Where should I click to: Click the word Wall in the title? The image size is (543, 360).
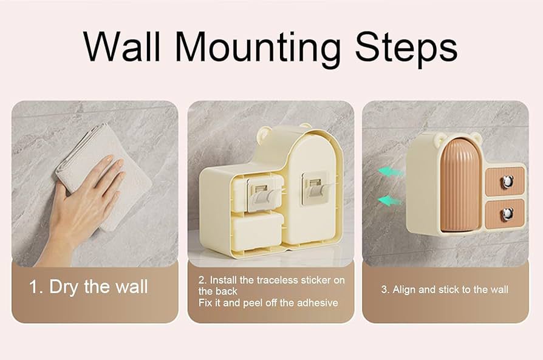pyautogui.click(x=121, y=46)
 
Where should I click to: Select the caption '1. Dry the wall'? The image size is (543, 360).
pyautogui.click(x=89, y=287)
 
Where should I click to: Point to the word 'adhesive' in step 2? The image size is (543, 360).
pyautogui.click(x=318, y=303)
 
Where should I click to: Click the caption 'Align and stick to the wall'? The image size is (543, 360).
pyautogui.click(x=450, y=290)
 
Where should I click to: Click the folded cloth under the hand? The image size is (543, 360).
pyautogui.click(x=104, y=173)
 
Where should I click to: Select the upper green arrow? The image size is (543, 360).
pyautogui.click(x=391, y=172)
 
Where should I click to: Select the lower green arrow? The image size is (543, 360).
pyautogui.click(x=389, y=200)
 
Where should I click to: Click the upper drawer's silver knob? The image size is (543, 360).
pyautogui.click(x=507, y=182)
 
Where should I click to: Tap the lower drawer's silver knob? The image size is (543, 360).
pyautogui.click(x=507, y=214)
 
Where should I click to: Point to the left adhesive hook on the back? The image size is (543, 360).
pyautogui.click(x=263, y=194)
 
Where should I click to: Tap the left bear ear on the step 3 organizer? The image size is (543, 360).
pyautogui.click(x=439, y=138)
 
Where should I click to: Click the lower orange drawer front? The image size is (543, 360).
pyautogui.click(x=505, y=214)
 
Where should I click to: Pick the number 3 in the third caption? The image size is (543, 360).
pyautogui.click(x=384, y=290)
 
